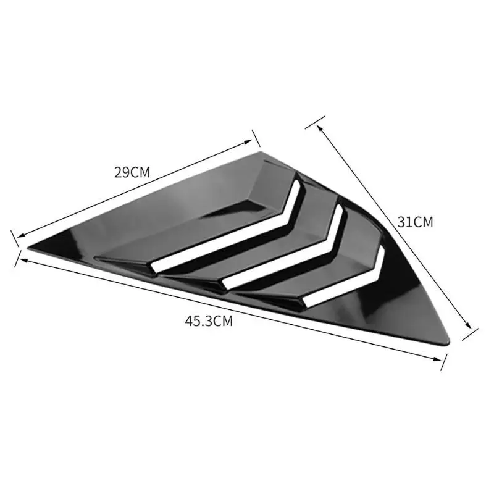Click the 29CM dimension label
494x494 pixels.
coord(132,172)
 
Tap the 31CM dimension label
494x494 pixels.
coord(415,222)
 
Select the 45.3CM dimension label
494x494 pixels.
coord(209,321)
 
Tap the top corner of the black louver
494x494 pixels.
coord(261,152)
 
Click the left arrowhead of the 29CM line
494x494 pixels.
coord(20,235)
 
